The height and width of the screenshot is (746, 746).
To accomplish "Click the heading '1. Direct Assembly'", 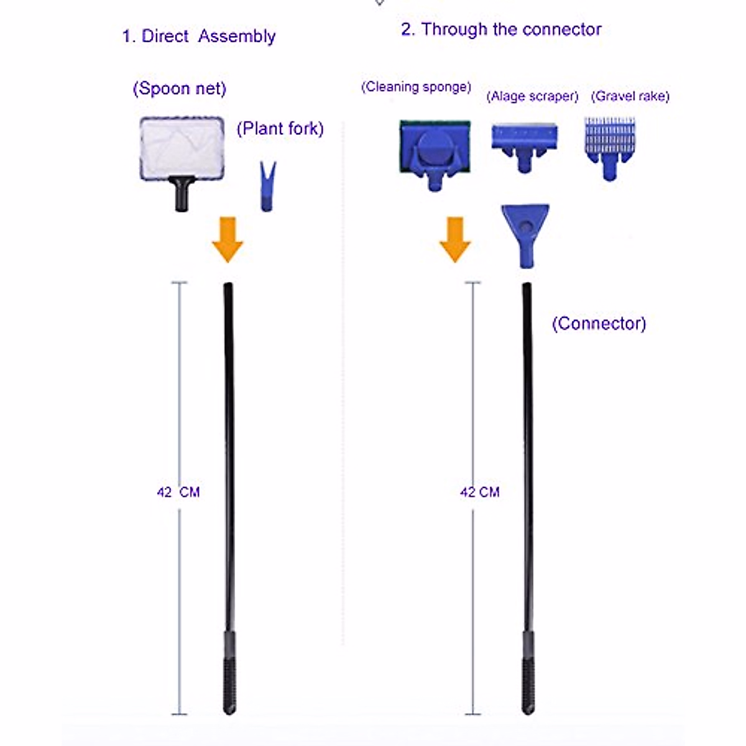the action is click(x=199, y=36).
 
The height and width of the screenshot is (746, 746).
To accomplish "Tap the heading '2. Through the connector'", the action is click(x=501, y=29).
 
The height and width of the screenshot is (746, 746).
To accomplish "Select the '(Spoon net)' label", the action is click(x=179, y=88).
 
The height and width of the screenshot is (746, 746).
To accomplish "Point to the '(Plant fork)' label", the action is click(x=280, y=129).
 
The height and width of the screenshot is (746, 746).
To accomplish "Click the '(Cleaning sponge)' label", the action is click(x=416, y=87).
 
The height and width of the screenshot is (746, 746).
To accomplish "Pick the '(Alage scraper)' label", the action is click(x=532, y=96).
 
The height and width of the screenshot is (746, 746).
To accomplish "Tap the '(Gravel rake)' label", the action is click(x=630, y=96).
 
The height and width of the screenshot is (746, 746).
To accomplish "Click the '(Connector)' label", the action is click(x=599, y=323).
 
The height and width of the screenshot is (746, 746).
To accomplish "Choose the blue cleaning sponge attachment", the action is click(x=435, y=152).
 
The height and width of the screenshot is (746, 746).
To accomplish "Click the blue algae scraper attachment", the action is click(x=525, y=145).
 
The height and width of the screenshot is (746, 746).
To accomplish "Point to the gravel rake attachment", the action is click(x=609, y=146).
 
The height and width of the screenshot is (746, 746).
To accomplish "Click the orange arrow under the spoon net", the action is click(x=228, y=239).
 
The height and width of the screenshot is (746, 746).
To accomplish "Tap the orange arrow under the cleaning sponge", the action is click(x=455, y=239).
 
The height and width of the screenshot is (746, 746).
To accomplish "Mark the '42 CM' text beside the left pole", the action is click(x=178, y=492).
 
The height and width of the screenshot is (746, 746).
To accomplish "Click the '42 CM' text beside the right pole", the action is click(x=479, y=492).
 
